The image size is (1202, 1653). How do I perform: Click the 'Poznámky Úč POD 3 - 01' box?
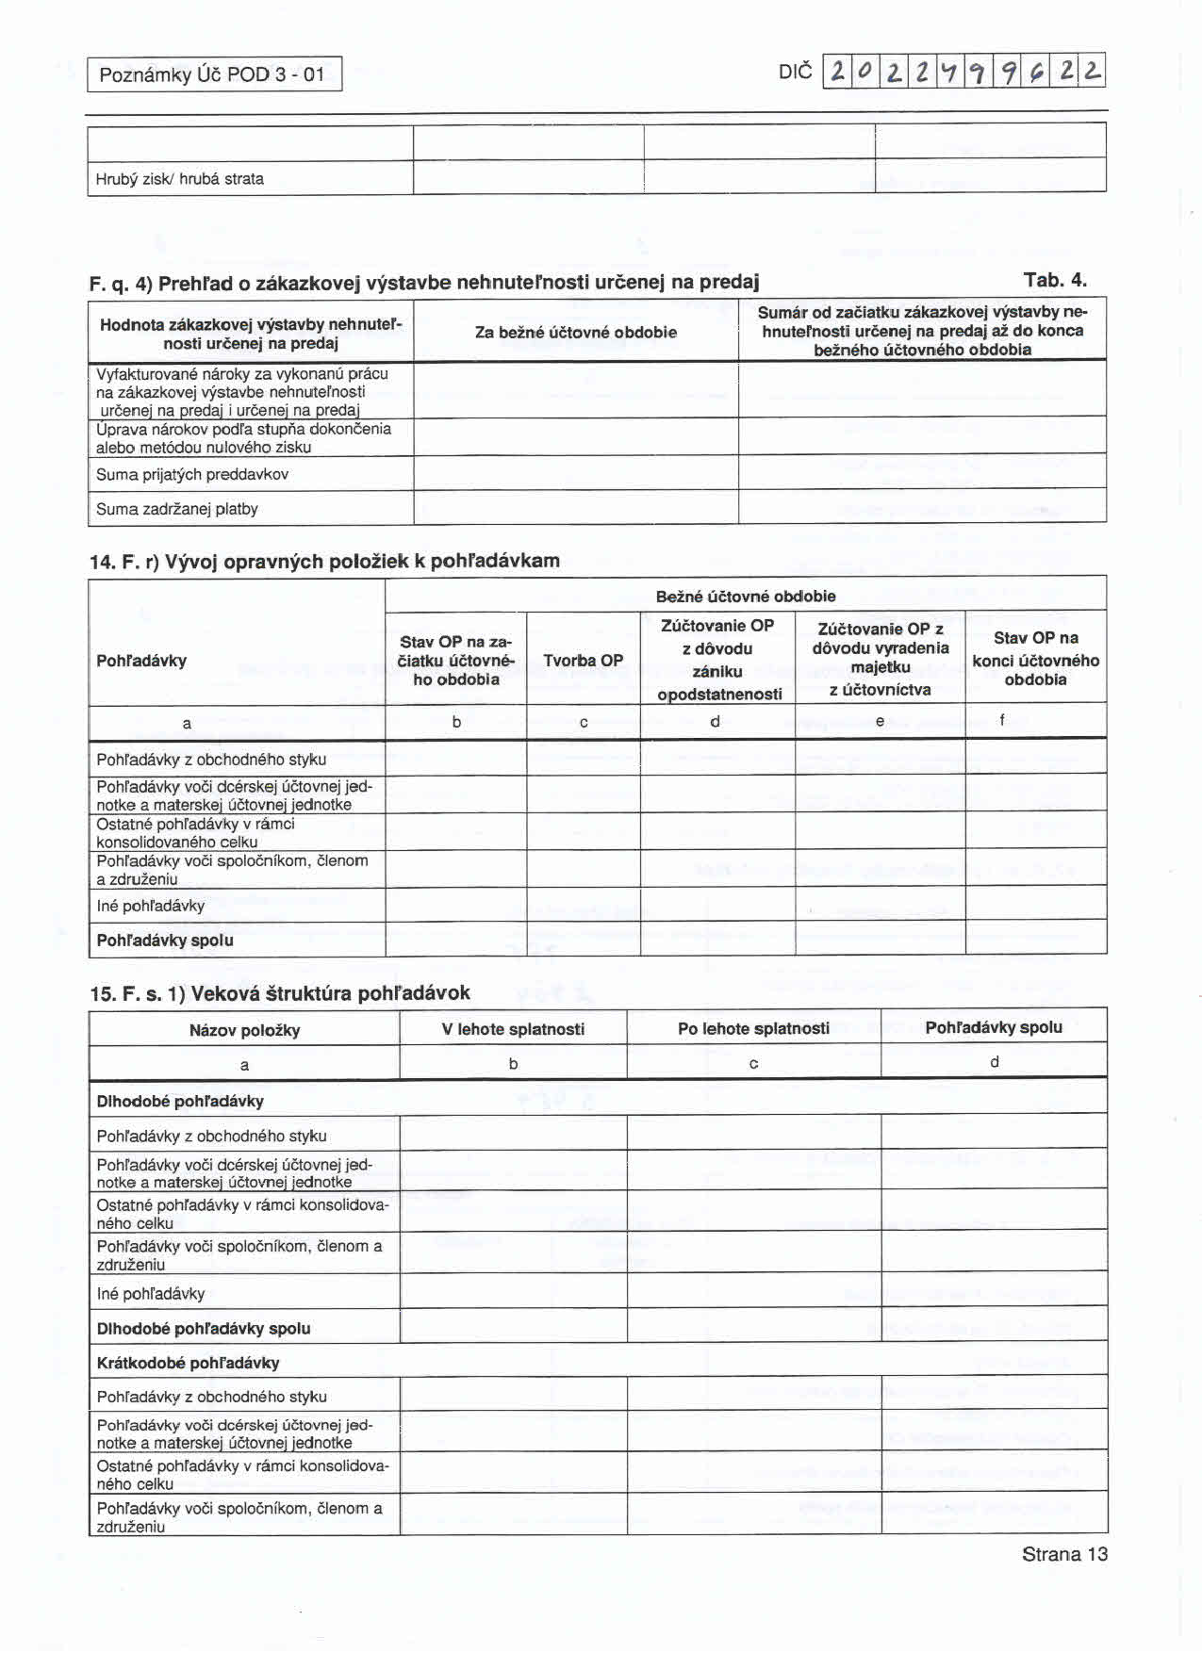(214, 74)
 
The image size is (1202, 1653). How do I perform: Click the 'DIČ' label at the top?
(795, 73)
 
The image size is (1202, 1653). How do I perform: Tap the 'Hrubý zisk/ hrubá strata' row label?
(180, 179)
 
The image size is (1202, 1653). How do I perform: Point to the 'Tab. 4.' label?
(1055, 280)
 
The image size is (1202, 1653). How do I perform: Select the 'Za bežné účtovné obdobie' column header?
(575, 332)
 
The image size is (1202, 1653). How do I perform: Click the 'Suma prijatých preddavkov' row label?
(192, 474)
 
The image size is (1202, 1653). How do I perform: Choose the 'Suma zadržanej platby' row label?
(177, 509)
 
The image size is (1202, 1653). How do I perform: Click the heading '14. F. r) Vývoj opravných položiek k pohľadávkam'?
(324, 562)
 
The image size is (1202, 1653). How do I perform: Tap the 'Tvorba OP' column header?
(584, 661)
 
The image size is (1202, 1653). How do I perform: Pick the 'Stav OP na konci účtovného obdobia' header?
(1035, 659)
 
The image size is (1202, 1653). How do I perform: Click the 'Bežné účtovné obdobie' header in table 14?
(745, 596)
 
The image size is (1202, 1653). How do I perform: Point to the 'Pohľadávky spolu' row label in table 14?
(165, 941)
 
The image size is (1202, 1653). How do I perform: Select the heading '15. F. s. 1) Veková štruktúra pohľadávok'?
(280, 993)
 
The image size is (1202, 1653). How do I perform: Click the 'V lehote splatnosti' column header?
(513, 1029)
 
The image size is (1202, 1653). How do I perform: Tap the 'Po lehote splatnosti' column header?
(753, 1028)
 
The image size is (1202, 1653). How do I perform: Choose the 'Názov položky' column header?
(244, 1030)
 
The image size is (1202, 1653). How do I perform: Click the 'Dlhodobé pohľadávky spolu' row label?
(204, 1329)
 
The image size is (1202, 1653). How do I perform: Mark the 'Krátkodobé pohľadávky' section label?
(188, 1363)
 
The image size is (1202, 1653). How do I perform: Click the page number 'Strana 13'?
(1064, 1554)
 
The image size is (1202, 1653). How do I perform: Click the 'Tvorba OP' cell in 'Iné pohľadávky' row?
(584, 905)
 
